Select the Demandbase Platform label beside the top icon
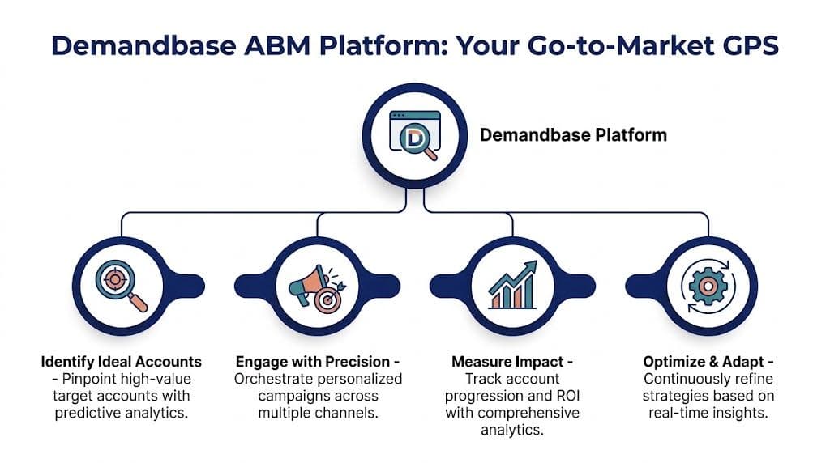tap(573, 135)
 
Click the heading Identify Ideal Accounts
tap(121, 361)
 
